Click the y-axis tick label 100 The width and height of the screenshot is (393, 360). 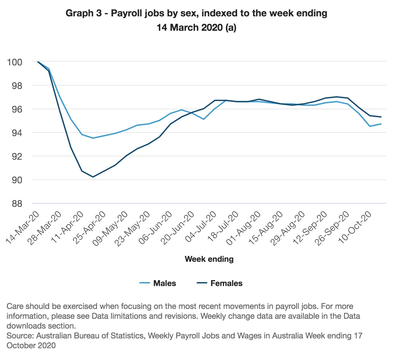14,62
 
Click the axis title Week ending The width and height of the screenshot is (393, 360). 209,259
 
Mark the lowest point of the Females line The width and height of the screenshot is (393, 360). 93,177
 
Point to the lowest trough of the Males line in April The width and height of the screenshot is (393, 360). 93,138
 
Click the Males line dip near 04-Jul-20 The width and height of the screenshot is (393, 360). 204,119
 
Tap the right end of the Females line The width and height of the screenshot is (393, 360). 381,117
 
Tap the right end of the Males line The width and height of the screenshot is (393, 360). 381,124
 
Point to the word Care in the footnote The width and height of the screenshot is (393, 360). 15,306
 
